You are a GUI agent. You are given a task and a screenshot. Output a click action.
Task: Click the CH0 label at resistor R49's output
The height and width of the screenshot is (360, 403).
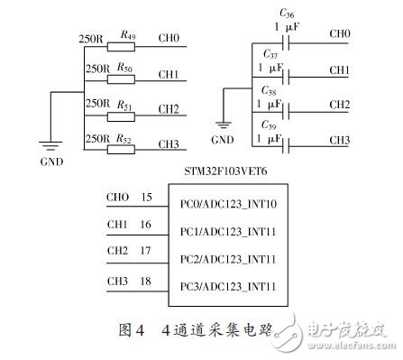[x=169, y=39]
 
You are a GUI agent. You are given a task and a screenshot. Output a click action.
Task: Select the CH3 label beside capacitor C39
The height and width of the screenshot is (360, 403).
[x=340, y=140]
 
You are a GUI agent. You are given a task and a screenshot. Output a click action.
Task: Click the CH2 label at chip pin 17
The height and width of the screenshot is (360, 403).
[x=116, y=251]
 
